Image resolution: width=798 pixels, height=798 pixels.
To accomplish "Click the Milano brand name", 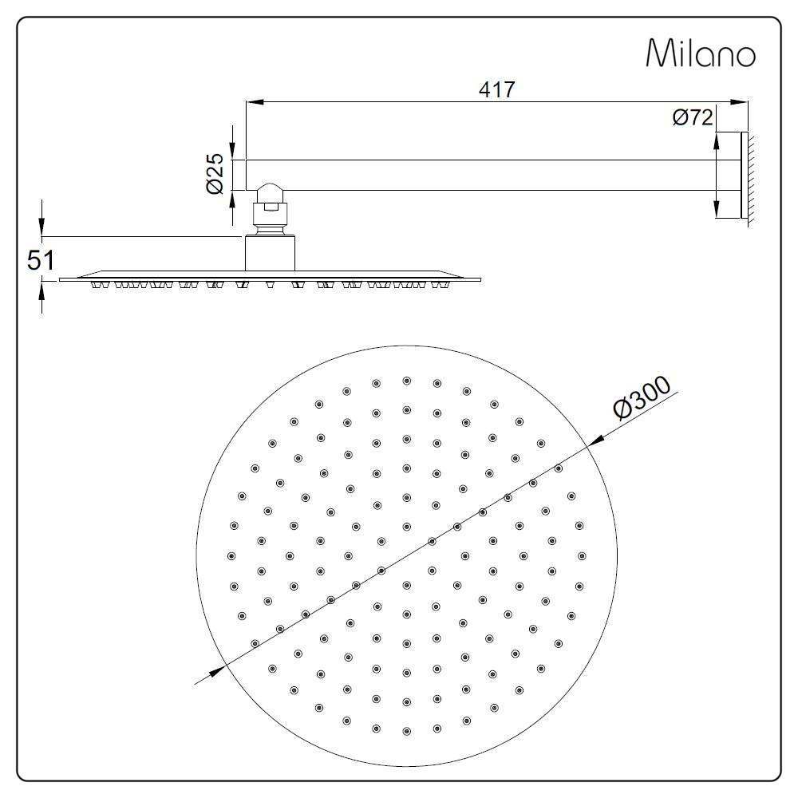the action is tap(701, 53).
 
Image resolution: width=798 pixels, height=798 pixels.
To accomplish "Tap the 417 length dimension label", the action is tap(496, 89).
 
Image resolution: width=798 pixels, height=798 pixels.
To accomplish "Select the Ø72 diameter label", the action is tap(692, 117).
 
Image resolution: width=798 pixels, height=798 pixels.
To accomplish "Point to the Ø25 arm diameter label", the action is tap(215, 173).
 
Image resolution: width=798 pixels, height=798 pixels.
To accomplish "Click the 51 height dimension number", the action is tap(41, 261).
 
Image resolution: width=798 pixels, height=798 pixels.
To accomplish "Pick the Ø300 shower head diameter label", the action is tap(642, 398).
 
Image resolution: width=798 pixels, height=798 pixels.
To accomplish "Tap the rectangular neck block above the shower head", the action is tap(271, 253).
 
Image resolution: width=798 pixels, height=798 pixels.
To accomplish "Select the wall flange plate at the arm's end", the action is tap(744, 176).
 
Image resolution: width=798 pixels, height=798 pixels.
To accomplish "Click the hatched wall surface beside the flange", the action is tap(751, 178).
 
